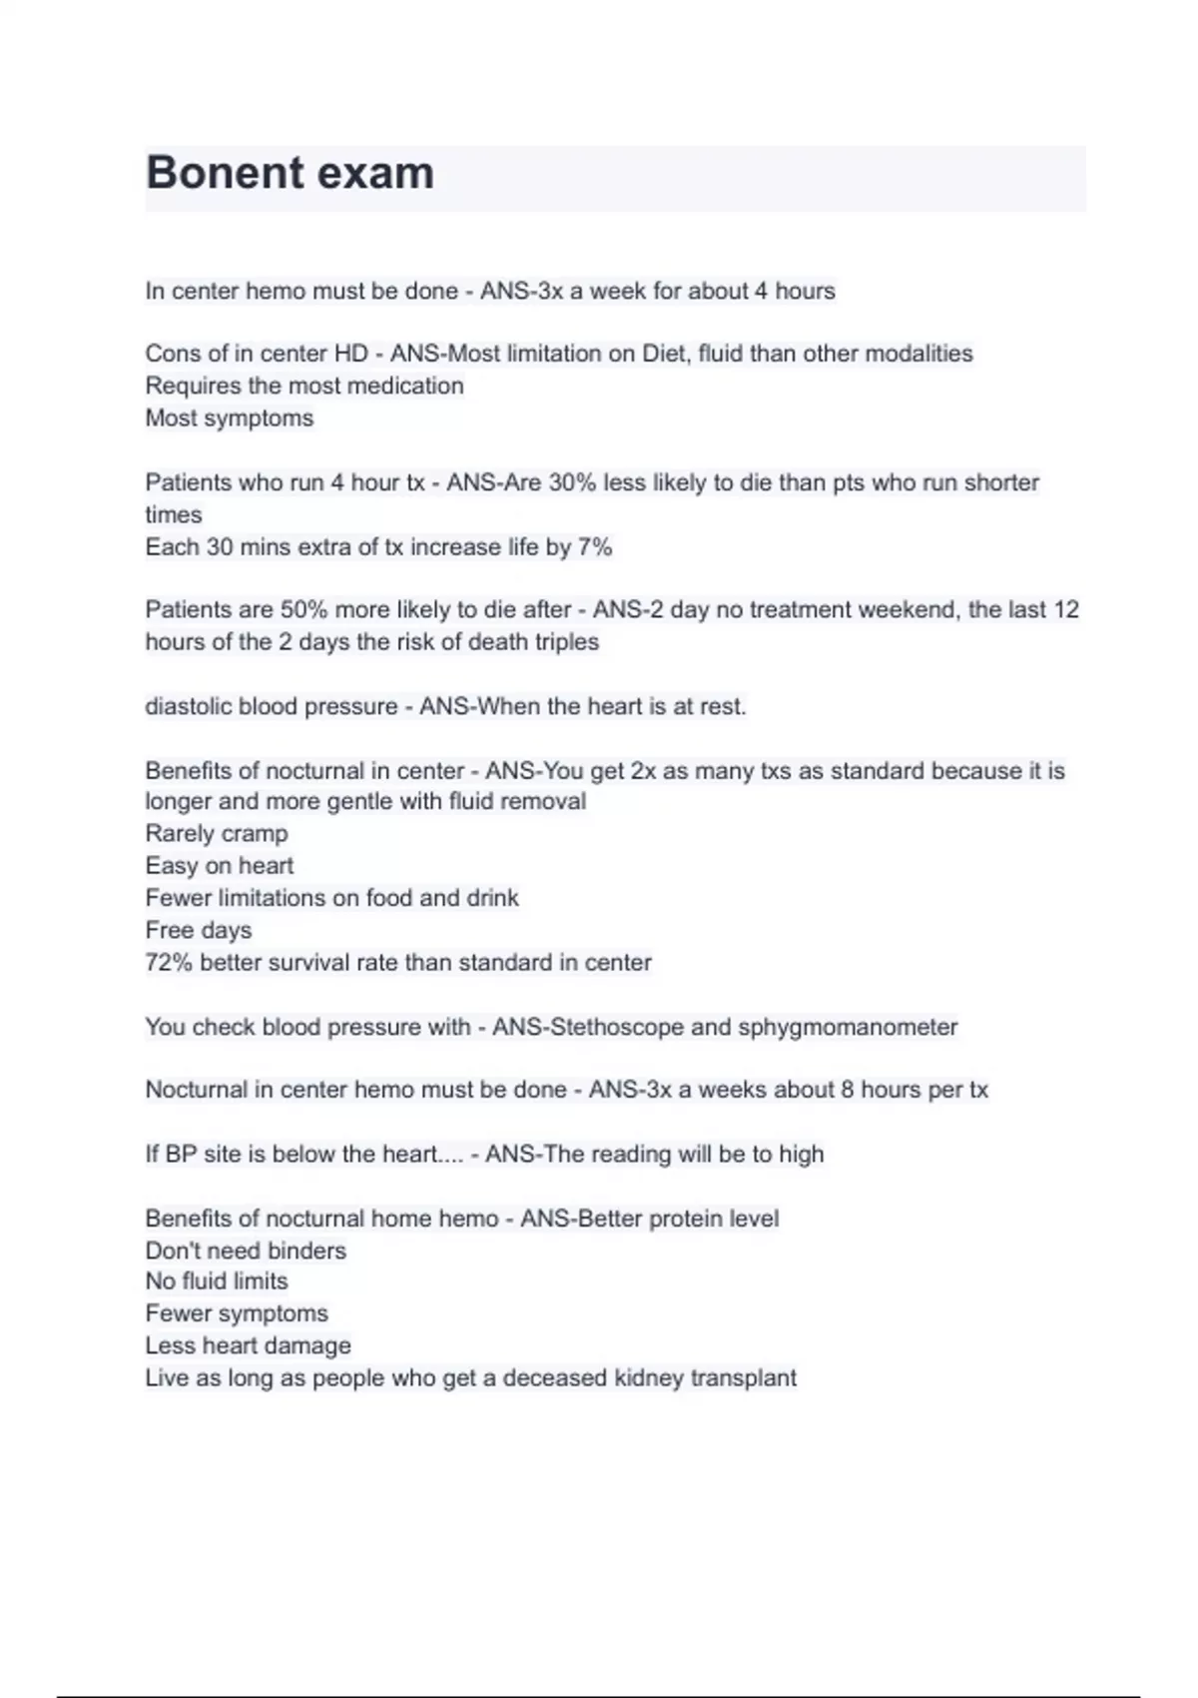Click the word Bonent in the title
click(x=212, y=173)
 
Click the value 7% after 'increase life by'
click(x=594, y=547)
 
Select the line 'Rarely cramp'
click(x=217, y=834)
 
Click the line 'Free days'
click(x=199, y=931)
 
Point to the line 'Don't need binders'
click(x=246, y=1251)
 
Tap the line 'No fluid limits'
click(x=217, y=1281)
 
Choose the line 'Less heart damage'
click(x=248, y=1346)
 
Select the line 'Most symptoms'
click(x=230, y=419)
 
